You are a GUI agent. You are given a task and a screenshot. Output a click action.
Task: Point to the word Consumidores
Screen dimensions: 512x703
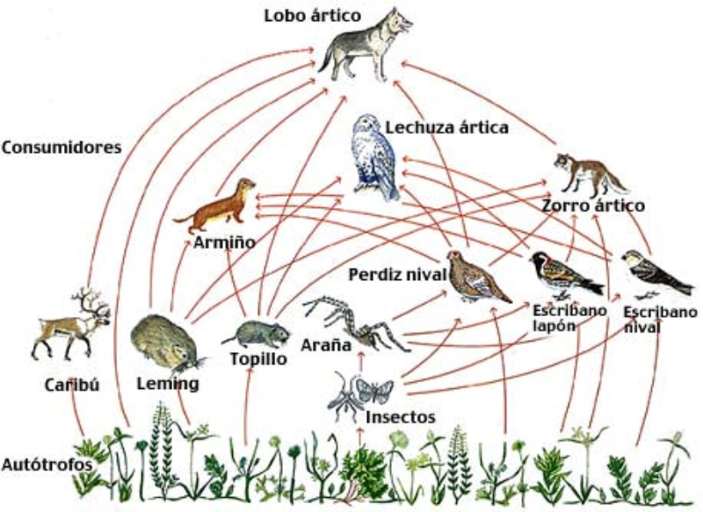[61, 148]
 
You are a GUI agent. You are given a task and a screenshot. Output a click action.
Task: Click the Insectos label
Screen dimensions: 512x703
[400, 416]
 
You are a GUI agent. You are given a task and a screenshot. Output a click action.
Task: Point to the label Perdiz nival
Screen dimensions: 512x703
[394, 275]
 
